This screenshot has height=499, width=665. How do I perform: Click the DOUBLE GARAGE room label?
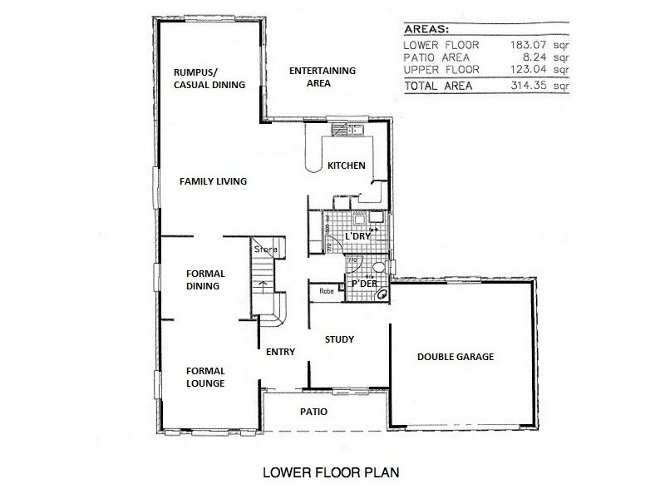[x=455, y=357]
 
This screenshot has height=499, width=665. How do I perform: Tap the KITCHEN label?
[x=346, y=166]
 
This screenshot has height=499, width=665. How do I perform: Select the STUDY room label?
[x=339, y=339]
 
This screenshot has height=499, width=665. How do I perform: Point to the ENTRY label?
[x=280, y=352]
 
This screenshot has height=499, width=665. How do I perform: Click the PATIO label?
[x=313, y=412]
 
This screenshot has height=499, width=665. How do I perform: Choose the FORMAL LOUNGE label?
[x=205, y=377]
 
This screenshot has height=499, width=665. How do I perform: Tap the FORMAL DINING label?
[x=203, y=279]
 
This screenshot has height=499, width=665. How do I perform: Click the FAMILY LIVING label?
[x=214, y=180]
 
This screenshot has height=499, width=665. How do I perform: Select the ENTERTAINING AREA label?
[x=322, y=77]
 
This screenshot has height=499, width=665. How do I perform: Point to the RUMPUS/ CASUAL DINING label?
[x=209, y=77]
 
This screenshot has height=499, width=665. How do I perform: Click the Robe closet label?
[x=327, y=292]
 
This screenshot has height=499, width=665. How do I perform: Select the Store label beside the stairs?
[x=264, y=248]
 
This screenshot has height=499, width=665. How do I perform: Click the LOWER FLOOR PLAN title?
[x=331, y=472]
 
